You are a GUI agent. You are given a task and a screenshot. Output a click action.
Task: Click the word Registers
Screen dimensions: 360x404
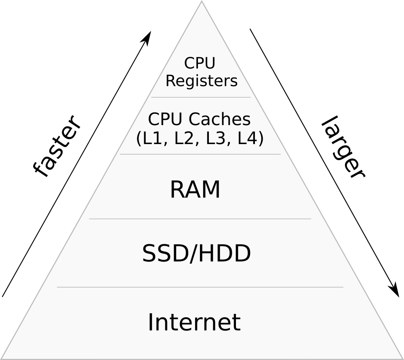point(202,81)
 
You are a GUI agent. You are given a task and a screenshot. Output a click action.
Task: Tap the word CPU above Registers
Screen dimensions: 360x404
point(200,63)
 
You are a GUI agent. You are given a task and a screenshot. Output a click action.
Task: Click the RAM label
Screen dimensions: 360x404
point(195,190)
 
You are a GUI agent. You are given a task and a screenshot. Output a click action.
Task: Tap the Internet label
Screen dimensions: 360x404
point(194,322)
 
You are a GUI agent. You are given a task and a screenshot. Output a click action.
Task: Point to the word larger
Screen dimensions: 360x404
point(343,147)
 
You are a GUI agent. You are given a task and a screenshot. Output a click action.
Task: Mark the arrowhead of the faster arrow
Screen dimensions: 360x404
point(148,36)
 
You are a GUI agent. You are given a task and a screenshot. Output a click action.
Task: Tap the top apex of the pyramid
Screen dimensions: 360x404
point(201,2)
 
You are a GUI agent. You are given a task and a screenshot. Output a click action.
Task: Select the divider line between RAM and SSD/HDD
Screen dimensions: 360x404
point(200,219)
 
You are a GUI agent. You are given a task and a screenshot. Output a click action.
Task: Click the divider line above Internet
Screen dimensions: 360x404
point(200,287)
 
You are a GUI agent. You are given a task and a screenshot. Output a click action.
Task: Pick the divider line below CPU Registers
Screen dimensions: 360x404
point(201,97)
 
